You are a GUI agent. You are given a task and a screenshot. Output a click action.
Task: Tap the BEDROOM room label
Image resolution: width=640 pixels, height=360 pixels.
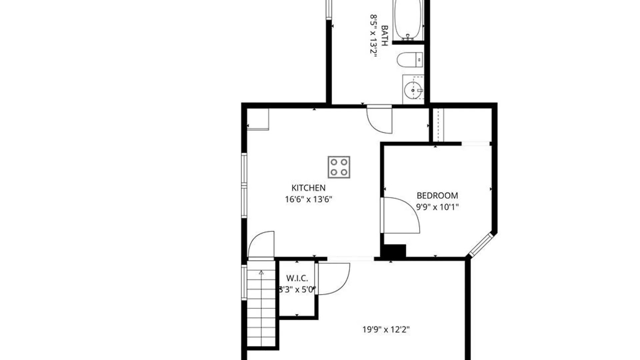click(437, 195)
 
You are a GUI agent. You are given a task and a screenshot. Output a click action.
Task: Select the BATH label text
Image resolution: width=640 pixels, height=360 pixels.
click(384, 35)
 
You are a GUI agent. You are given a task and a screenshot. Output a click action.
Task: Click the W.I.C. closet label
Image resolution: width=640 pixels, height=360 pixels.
click(297, 278)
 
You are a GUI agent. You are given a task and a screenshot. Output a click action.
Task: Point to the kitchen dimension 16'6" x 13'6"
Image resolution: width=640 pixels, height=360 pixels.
click(308, 199)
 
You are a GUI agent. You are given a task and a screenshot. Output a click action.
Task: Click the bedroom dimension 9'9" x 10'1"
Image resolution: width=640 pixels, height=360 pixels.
click(437, 207)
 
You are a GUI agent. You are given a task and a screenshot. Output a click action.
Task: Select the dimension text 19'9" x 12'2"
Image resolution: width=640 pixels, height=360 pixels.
click(386, 330)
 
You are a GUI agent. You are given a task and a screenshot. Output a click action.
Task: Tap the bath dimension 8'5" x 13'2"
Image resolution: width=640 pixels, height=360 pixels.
click(374, 36)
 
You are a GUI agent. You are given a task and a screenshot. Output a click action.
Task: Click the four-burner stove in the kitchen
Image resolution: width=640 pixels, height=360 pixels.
click(339, 167)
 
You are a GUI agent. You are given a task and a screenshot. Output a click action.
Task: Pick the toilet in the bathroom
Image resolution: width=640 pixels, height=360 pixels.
click(410, 60)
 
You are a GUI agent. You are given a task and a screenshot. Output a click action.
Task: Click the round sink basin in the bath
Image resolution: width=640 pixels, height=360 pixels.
click(413, 90)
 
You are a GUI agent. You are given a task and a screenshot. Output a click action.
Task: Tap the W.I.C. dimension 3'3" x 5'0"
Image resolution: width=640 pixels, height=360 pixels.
click(297, 290)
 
